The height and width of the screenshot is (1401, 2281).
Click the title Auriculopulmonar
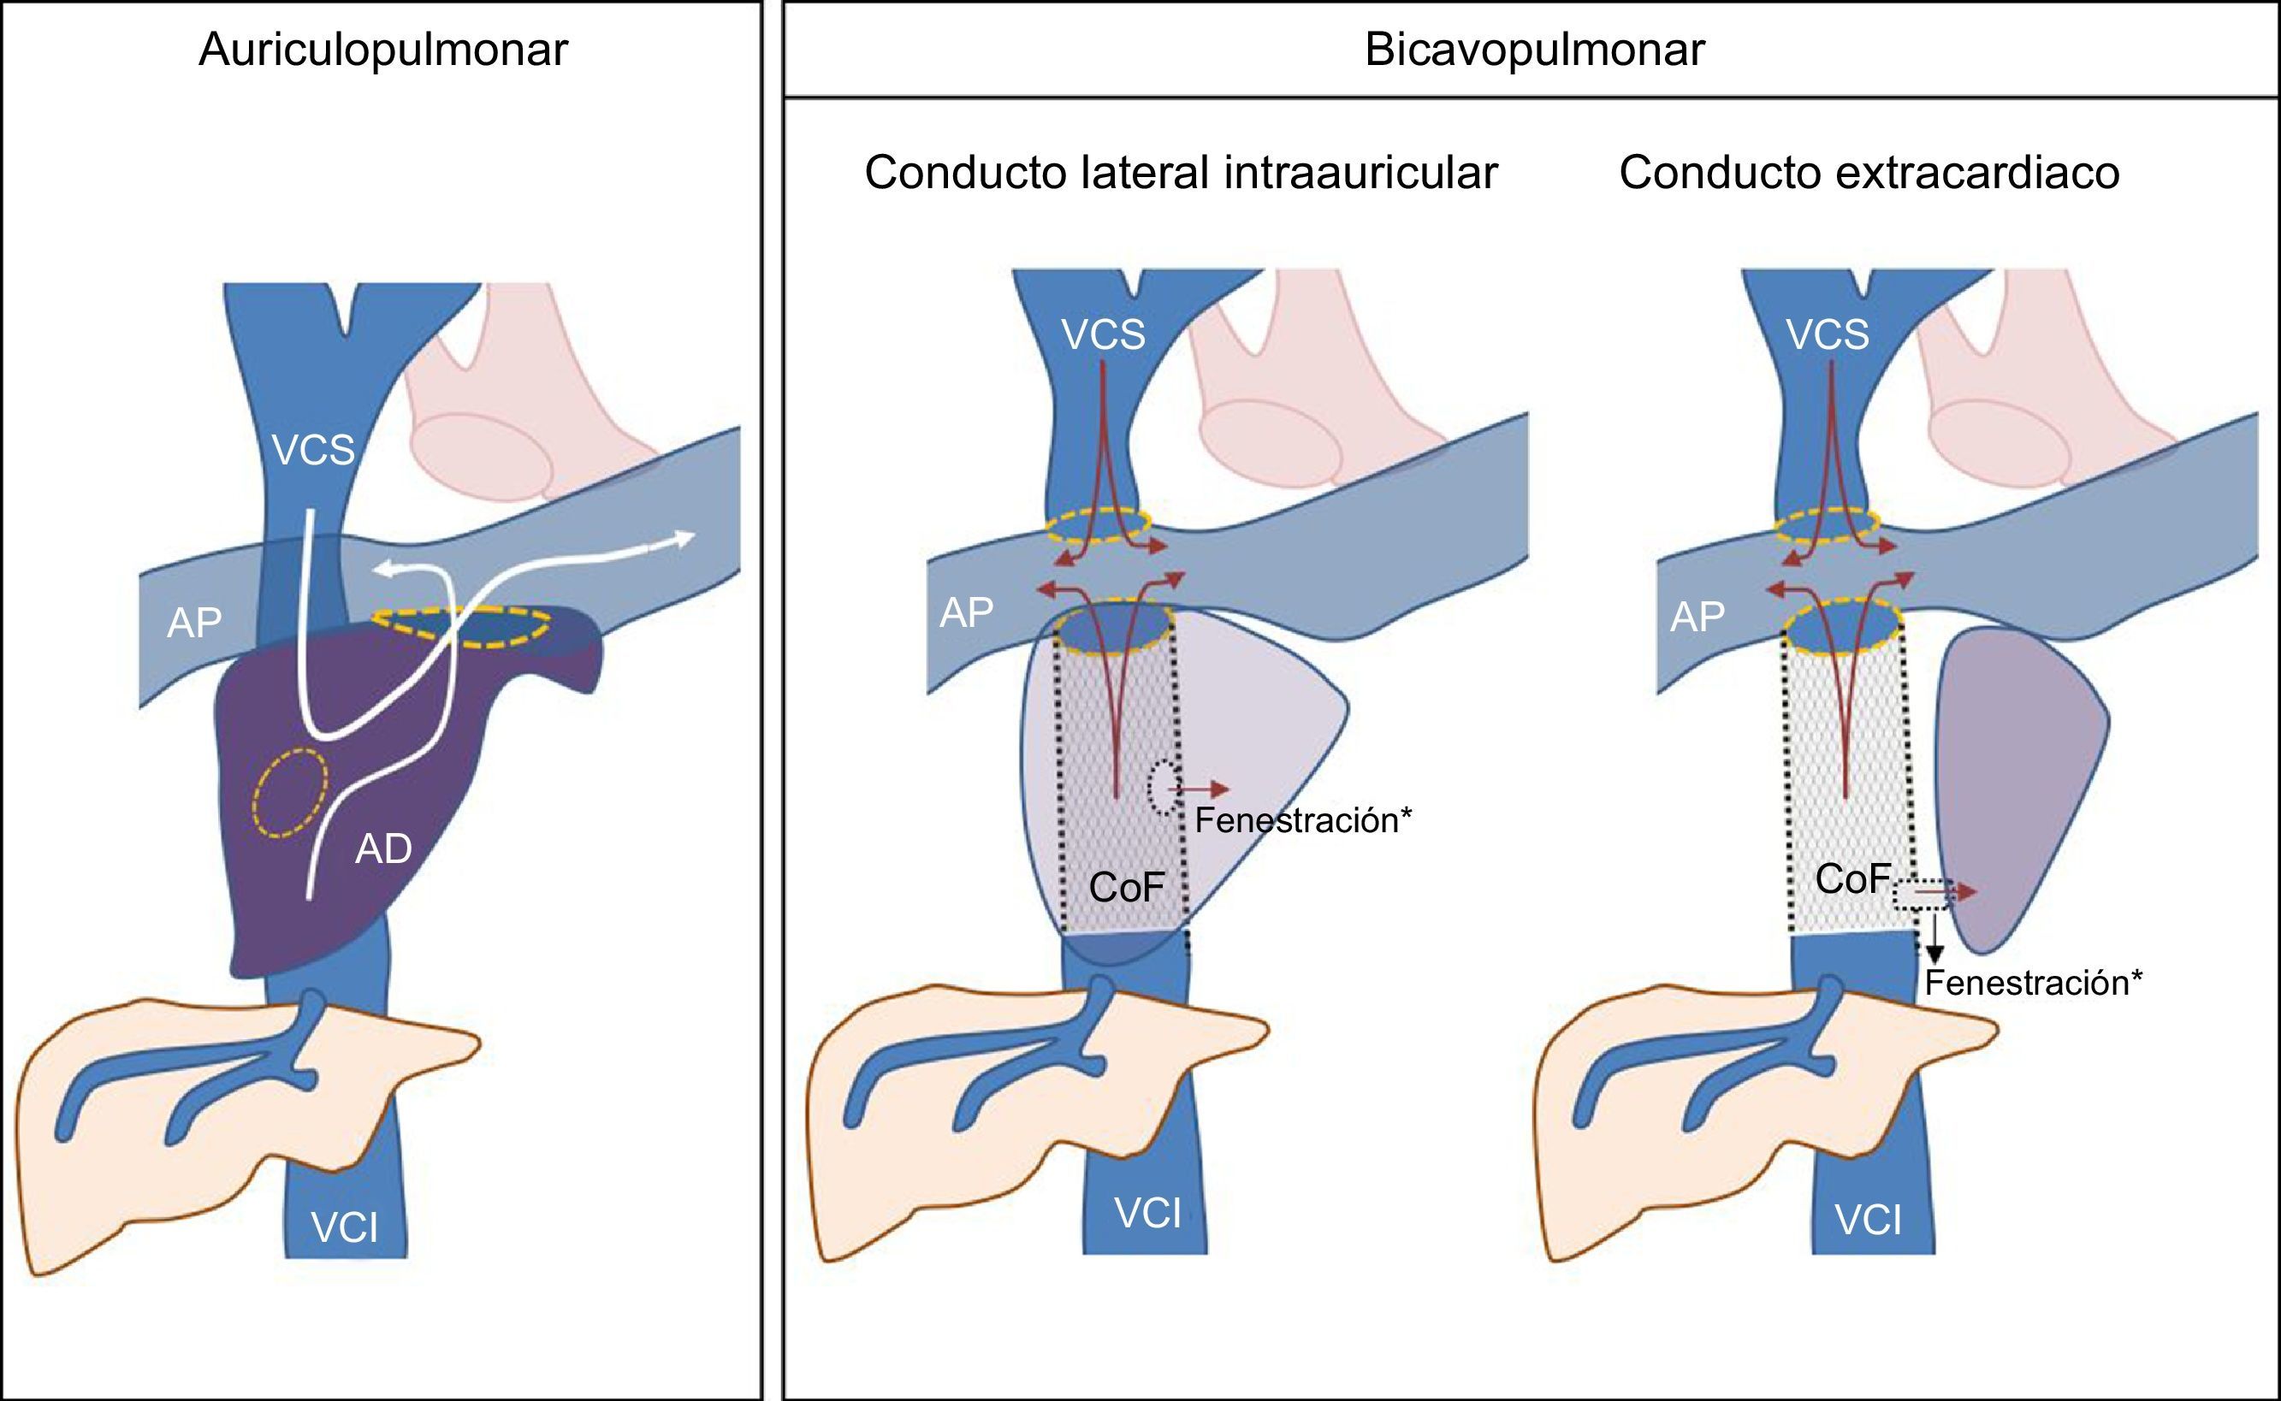[x=382, y=50]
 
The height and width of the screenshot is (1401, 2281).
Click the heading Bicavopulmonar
[x=1534, y=50]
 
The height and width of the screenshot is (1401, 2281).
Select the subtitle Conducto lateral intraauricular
[x=1181, y=174]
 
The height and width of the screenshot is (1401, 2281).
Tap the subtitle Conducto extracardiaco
[x=1869, y=174]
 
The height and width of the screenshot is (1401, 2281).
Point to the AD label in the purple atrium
[x=383, y=848]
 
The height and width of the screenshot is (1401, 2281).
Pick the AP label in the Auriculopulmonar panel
[x=194, y=624]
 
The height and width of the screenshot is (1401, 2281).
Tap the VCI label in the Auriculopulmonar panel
[x=345, y=1228]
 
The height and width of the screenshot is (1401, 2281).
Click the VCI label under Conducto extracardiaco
[x=1869, y=1221]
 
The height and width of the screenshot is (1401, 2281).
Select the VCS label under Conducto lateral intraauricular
[x=1103, y=334]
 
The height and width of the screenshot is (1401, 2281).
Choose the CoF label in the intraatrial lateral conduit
[x=1127, y=888]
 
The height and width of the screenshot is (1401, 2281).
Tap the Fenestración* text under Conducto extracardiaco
[x=2034, y=983]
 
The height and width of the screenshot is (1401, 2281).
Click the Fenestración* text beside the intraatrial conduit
[x=1303, y=820]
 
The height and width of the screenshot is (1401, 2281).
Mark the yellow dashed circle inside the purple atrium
[x=291, y=792]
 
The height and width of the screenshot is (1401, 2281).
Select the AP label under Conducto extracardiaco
[x=1697, y=616]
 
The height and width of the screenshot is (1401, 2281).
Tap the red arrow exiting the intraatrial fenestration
[x=1200, y=789]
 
